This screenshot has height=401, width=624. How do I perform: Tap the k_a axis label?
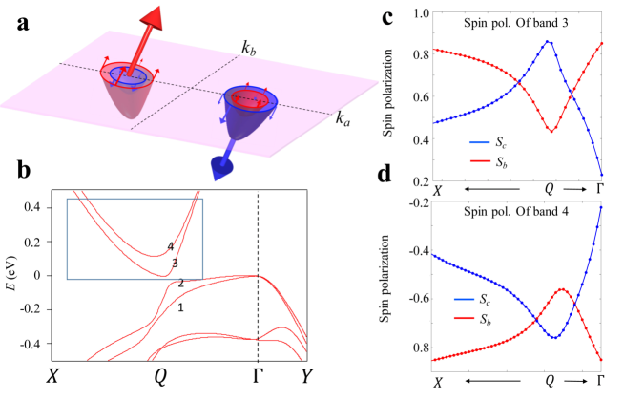point(343,118)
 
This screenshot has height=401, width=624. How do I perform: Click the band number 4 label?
point(168,246)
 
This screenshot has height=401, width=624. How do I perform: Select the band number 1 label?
point(179,306)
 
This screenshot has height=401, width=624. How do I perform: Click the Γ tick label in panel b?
point(258,375)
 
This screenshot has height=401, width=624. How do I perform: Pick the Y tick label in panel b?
point(302,375)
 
